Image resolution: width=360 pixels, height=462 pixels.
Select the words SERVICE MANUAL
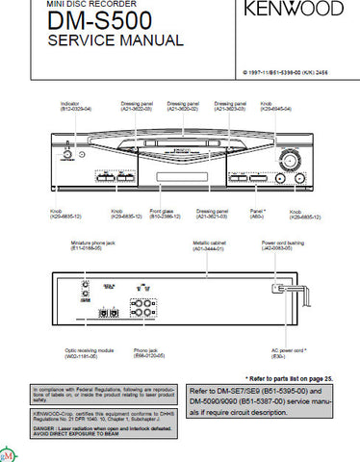[115, 41]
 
